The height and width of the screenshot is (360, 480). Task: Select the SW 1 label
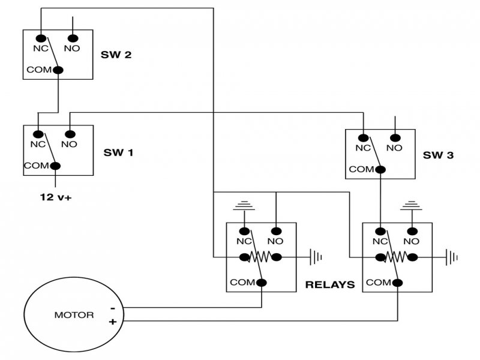click(119, 152)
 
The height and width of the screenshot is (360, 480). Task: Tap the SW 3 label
click(438, 155)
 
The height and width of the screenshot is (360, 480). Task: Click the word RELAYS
click(330, 284)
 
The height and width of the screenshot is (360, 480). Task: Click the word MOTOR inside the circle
click(74, 314)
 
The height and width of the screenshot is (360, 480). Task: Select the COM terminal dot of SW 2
click(58, 70)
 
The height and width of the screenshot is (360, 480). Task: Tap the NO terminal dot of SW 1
click(70, 134)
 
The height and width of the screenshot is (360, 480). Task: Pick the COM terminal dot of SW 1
click(55, 166)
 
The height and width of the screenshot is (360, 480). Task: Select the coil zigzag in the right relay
click(397, 258)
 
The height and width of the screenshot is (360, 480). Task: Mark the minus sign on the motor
click(112, 308)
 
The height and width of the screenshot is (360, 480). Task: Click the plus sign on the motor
click(112, 322)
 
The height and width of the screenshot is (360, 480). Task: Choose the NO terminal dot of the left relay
click(275, 231)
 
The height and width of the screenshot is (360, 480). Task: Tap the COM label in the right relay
click(378, 282)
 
